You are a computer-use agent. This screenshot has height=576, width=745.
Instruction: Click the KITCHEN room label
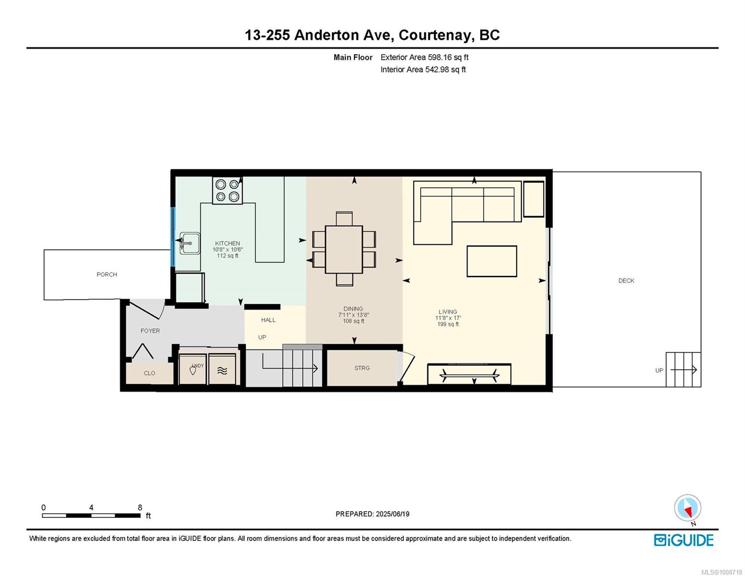[227, 243]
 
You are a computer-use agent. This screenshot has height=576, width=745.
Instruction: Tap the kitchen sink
[189, 243]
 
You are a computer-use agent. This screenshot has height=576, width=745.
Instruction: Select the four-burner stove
[227, 191]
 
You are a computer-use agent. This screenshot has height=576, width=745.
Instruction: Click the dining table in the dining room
[344, 250]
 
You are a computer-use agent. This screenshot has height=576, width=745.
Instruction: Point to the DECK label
[626, 281]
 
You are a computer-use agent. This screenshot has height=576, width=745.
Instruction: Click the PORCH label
[106, 275]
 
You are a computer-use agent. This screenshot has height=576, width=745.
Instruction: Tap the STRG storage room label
[362, 368]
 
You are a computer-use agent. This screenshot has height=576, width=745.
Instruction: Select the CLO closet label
[150, 373]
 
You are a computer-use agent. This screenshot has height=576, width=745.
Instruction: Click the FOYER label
[150, 331]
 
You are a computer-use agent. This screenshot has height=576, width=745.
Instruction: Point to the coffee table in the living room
[492, 262]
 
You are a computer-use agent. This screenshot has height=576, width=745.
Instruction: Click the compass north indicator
[687, 508]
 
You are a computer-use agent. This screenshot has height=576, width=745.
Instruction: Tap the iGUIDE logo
[684, 540]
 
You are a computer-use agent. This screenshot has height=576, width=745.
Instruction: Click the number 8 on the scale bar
[140, 507]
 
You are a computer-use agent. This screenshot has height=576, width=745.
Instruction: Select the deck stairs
[683, 370]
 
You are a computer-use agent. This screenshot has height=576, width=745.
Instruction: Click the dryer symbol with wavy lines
[222, 370]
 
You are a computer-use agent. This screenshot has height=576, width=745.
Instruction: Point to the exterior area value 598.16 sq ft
[448, 57]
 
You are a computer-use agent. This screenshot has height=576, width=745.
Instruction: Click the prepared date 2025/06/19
[392, 514]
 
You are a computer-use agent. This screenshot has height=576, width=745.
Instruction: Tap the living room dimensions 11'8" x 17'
[448, 318]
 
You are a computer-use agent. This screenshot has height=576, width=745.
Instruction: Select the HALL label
[268, 320]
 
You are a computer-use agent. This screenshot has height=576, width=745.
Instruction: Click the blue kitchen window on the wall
[173, 237]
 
